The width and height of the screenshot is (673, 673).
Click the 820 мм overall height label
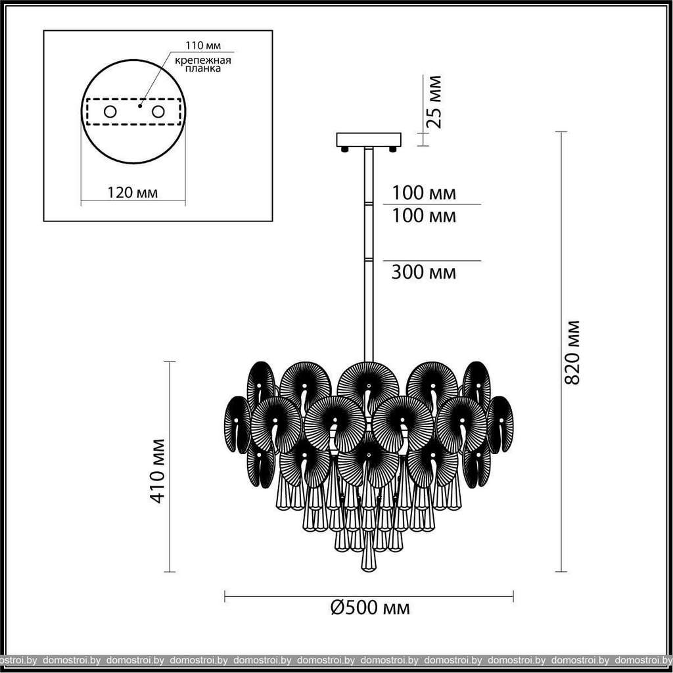(572, 352)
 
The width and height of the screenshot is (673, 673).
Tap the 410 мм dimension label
(157, 471)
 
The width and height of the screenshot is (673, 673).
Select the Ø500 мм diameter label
(370, 607)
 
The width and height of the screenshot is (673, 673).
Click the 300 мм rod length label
(424, 272)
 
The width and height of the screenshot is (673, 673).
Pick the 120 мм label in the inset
(133, 193)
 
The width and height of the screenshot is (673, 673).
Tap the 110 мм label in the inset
(203, 45)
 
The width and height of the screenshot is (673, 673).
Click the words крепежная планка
(203, 64)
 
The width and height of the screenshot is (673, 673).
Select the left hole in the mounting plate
(110, 112)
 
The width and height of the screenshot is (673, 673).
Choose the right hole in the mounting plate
(158, 112)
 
